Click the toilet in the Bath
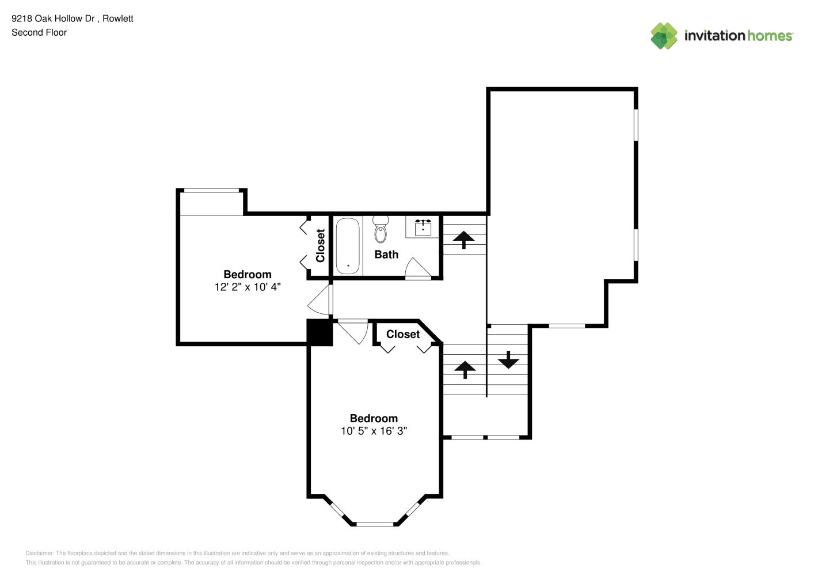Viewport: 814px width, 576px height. pos(381,229)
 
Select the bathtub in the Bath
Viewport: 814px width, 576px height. pos(348,246)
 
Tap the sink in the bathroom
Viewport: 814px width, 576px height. pos(423,228)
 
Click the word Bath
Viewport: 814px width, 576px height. pos(386,255)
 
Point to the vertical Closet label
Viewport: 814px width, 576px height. pos(320,245)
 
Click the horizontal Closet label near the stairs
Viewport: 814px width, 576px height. pos(402,334)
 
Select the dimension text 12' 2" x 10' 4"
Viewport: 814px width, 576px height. pos(248,287)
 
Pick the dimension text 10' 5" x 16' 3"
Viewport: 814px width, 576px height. pos(374,431)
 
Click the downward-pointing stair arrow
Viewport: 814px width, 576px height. pos(508,359)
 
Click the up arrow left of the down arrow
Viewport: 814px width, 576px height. pos(465,370)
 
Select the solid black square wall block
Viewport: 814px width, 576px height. pos(320,332)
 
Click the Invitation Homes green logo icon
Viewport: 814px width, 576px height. pos(664,36)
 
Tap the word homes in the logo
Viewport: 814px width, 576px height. pos(770,36)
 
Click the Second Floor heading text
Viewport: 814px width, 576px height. pos(39,32)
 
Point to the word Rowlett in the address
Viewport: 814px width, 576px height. pos(118,18)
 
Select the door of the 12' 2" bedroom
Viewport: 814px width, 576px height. pos(321,300)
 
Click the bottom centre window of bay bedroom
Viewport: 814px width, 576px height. pos(375,524)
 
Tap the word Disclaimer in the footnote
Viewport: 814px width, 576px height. pos(39,553)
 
